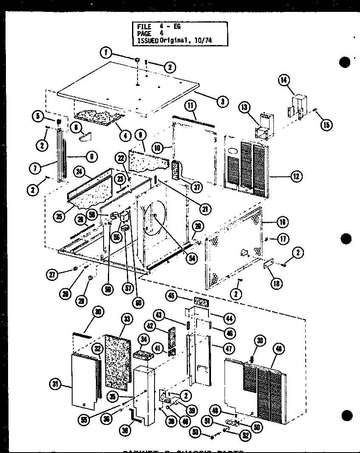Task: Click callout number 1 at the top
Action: point(106,53)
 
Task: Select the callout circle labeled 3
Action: point(222,101)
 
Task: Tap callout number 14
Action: point(284,79)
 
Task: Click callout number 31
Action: point(54,385)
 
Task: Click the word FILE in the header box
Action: point(144,26)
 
